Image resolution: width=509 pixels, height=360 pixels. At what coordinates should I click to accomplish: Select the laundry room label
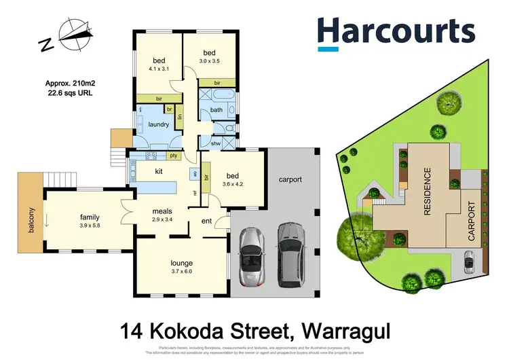point(159,124)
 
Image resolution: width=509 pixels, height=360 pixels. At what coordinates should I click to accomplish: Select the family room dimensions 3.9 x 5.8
point(90,226)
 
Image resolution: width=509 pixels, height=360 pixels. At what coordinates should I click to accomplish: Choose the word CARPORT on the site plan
point(472,221)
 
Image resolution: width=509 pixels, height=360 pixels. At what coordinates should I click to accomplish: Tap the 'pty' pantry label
point(174,156)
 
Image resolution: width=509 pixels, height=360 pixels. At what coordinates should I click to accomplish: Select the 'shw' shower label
point(216,143)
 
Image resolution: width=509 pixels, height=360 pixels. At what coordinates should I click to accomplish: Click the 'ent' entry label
point(208,220)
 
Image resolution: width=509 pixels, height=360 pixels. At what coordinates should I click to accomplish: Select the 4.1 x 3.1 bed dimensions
point(158,69)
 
